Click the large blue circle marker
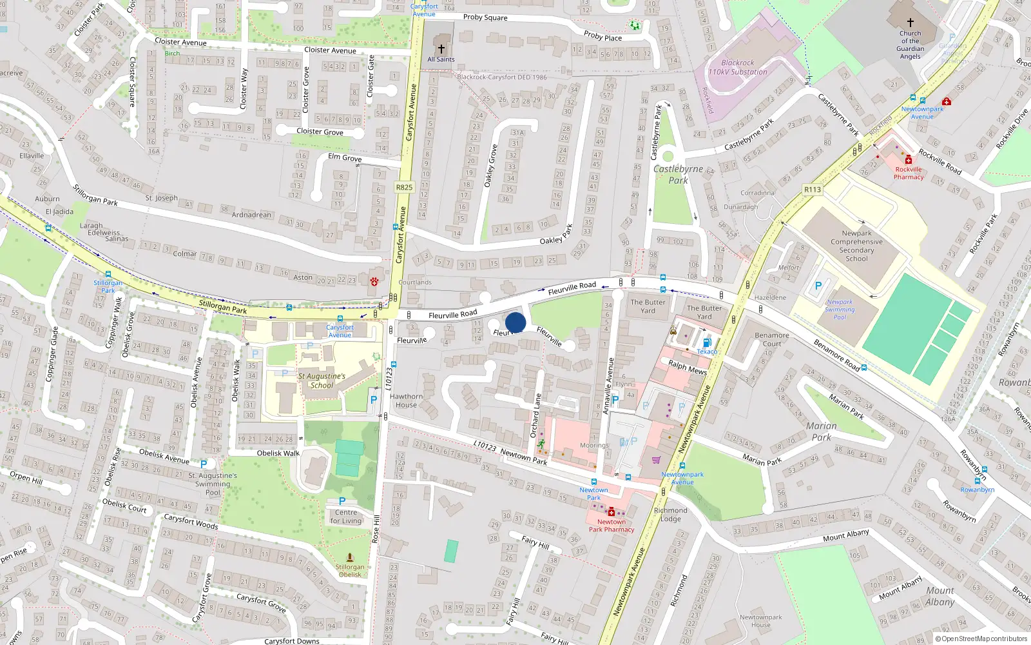tap(515, 322)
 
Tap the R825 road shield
tap(404, 187)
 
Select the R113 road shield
tap(813, 190)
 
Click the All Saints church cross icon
tap(441, 48)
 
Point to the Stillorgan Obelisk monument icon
tap(350, 557)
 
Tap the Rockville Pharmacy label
tap(909, 173)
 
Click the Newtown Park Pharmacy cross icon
tap(611, 512)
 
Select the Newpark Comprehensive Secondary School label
tap(856, 246)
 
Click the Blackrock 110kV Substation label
tap(738, 67)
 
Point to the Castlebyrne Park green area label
tap(678, 174)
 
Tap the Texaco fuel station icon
tap(706, 342)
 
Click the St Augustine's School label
tap(322, 381)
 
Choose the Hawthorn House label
tap(406, 401)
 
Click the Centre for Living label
tap(346, 517)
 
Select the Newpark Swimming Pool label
tap(840, 309)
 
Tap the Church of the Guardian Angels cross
tap(911, 23)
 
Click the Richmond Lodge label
tap(670, 514)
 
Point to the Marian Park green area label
tap(822, 432)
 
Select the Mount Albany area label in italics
tap(940, 596)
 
